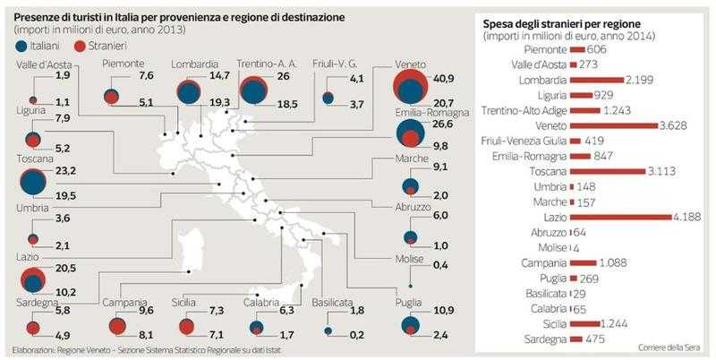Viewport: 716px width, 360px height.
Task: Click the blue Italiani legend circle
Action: tap(21, 44)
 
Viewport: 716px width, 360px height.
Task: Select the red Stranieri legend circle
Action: tap(79, 44)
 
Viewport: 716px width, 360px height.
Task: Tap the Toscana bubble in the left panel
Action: tap(34, 182)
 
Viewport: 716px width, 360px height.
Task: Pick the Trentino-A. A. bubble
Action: tap(254, 92)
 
